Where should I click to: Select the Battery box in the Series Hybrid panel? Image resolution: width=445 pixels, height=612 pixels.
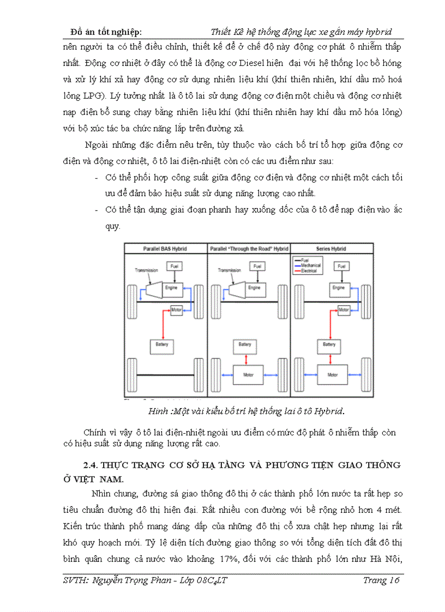pyautogui.click(x=329, y=344)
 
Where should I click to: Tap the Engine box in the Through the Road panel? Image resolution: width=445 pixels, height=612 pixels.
pyautogui.click(x=254, y=287)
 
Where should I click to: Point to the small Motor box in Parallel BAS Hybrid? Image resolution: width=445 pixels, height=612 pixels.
pyautogui.click(x=176, y=310)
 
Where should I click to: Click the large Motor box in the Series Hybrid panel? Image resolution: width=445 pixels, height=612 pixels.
pyautogui.click(x=332, y=375)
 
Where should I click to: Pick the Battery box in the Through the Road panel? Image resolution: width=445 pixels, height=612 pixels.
pyautogui.click(x=243, y=344)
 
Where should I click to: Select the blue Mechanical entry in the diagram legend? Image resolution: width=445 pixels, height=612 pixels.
pyautogui.click(x=309, y=266)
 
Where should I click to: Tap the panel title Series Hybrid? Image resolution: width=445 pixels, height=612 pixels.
pyautogui.click(x=332, y=249)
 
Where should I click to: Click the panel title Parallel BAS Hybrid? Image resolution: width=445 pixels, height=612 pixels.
pyautogui.click(x=165, y=249)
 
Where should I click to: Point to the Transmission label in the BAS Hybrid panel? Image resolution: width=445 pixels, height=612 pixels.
pyautogui.click(x=146, y=270)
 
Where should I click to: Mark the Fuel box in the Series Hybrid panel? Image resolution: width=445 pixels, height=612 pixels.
pyautogui.click(x=341, y=266)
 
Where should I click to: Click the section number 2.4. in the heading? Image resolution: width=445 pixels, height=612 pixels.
pyautogui.click(x=89, y=465)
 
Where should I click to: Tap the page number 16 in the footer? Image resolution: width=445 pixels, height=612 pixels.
pyautogui.click(x=395, y=580)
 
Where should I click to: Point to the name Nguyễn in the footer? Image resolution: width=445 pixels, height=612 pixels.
pyautogui.click(x=110, y=580)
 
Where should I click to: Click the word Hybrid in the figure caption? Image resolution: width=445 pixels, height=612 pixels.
pyautogui.click(x=330, y=410)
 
